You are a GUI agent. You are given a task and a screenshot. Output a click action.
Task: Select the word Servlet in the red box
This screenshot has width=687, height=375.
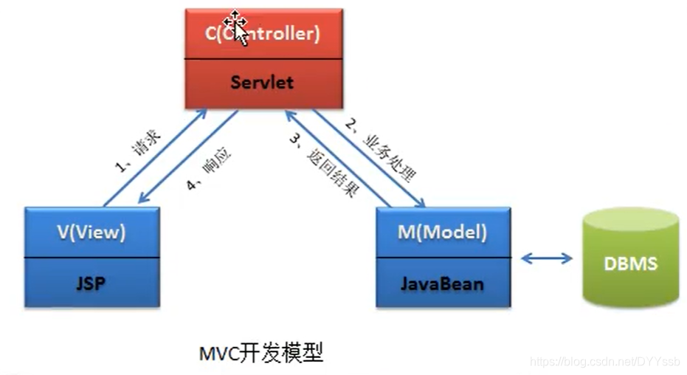pyautogui.click(x=261, y=82)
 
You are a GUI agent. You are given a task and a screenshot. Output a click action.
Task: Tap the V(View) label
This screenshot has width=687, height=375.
pyautogui.click(x=92, y=232)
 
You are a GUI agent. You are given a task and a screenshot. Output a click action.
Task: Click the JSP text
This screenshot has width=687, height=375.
pyautogui.click(x=92, y=283)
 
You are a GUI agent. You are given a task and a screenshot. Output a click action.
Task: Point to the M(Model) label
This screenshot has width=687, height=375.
pyautogui.click(x=443, y=232)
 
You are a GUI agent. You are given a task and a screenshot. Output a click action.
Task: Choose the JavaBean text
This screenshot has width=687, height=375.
pyautogui.click(x=442, y=283)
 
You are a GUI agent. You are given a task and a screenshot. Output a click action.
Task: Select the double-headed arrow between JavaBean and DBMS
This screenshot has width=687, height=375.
pyautogui.click(x=547, y=258)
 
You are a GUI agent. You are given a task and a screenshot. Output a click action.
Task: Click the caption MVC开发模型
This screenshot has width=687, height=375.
pyautogui.click(x=261, y=353)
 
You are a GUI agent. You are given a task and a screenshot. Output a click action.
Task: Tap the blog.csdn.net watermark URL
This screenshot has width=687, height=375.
pyautogui.click(x=605, y=361)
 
